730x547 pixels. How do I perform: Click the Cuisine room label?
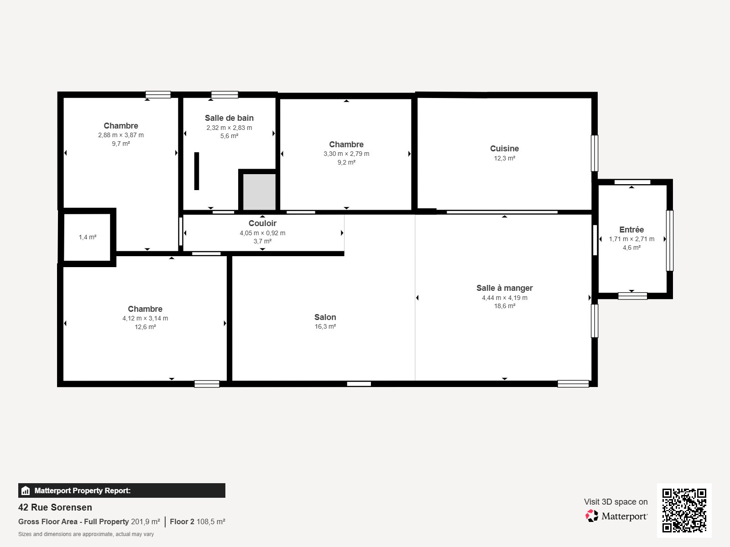[504, 149]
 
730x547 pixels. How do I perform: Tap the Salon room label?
[325, 317]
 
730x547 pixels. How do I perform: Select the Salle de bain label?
[229, 118]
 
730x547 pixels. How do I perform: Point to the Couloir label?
[262, 223]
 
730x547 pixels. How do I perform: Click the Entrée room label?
[631, 229]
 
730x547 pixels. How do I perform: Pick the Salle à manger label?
[505, 288]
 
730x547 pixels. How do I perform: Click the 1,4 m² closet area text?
[88, 237]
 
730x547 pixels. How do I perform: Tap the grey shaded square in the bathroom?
[259, 192]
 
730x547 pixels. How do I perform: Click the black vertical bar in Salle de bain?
[197, 171]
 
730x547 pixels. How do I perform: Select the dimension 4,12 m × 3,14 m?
[145, 318]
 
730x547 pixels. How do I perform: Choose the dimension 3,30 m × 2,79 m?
[346, 154]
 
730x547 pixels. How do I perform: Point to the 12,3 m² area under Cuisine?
[504, 159]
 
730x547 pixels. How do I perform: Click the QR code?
[684, 511]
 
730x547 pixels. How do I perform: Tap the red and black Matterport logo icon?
[592, 516]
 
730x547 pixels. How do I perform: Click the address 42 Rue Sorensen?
[55, 507]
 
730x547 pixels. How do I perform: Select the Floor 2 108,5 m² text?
[198, 522]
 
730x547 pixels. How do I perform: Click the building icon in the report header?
[26, 490]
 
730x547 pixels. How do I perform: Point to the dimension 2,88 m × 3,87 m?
[121, 135]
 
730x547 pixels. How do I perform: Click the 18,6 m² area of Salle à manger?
[505, 306]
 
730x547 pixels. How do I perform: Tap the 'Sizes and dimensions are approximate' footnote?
[86, 534]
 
